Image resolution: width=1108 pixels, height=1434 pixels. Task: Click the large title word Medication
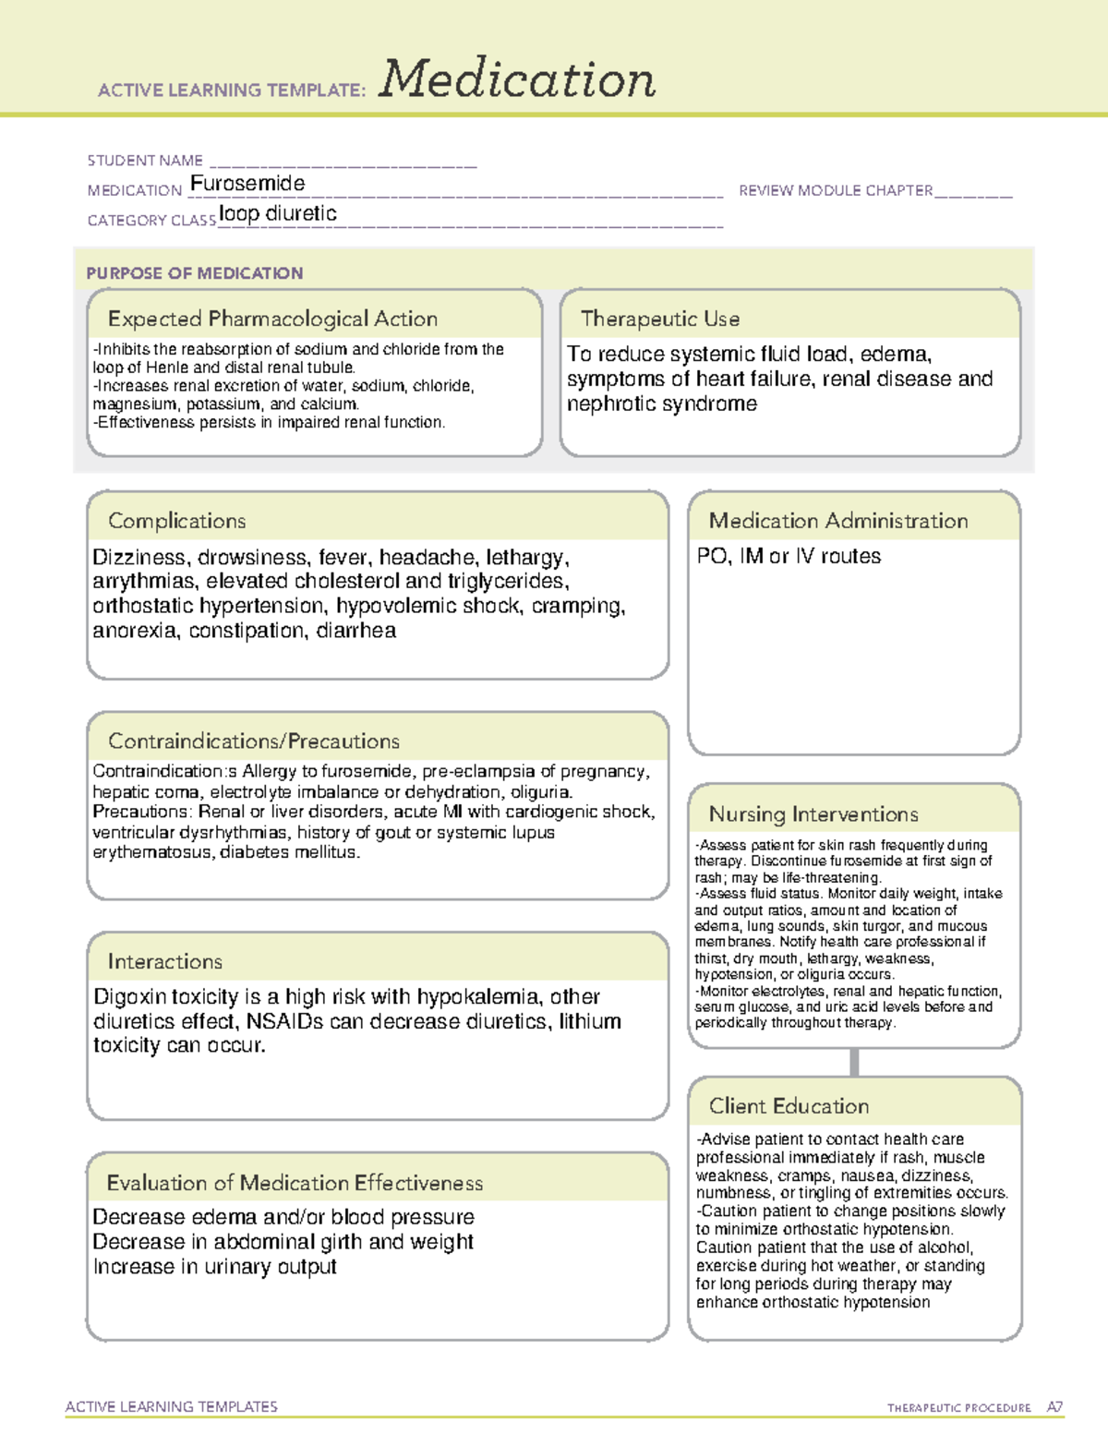[x=517, y=79]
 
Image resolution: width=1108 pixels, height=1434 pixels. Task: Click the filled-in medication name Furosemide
[x=247, y=184]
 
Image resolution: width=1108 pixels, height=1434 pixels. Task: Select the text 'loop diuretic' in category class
[x=278, y=214]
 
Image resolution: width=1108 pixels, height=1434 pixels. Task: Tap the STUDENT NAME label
[x=145, y=161]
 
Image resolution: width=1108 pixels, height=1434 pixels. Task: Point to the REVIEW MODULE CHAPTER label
[x=836, y=190]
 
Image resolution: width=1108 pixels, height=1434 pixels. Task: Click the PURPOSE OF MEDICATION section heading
[x=194, y=273]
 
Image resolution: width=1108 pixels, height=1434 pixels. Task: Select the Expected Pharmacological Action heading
[x=272, y=319]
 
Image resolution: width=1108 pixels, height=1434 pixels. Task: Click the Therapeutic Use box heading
[x=660, y=319]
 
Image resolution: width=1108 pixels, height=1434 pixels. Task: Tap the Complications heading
[x=176, y=521]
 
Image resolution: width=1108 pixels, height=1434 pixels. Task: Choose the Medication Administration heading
[x=837, y=521]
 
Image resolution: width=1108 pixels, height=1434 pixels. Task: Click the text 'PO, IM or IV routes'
[x=789, y=556]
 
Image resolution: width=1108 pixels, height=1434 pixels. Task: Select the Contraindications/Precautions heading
[x=253, y=741]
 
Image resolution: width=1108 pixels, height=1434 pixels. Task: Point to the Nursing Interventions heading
[x=813, y=814]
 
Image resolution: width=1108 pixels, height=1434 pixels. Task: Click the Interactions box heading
[x=164, y=961]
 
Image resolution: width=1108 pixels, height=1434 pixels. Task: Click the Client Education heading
[x=789, y=1106]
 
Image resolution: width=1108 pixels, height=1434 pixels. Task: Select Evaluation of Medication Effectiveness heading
[x=295, y=1183]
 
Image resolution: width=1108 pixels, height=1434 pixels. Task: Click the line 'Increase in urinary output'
[x=214, y=1267]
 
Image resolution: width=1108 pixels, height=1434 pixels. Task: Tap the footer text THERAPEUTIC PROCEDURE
[x=958, y=1408]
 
